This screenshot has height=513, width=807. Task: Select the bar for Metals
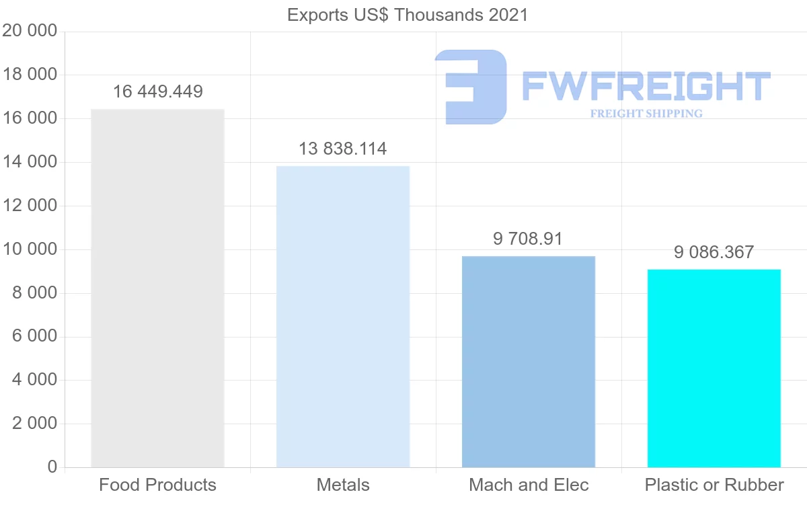tap(343, 316)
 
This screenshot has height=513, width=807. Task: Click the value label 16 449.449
tap(157, 92)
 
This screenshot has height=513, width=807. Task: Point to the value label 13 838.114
tap(343, 149)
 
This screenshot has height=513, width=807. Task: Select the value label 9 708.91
tap(528, 239)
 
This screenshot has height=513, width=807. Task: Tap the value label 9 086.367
tap(714, 253)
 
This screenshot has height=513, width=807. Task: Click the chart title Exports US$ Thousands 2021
tap(408, 15)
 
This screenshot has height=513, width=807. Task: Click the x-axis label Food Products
tap(157, 485)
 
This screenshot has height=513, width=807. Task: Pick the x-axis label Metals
tap(343, 485)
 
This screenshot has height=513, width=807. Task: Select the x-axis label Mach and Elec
tap(529, 485)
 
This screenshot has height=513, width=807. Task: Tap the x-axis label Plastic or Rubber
tap(714, 485)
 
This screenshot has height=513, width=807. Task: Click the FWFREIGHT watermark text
tap(646, 86)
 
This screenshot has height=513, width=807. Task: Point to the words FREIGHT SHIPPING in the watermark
tap(646, 114)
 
